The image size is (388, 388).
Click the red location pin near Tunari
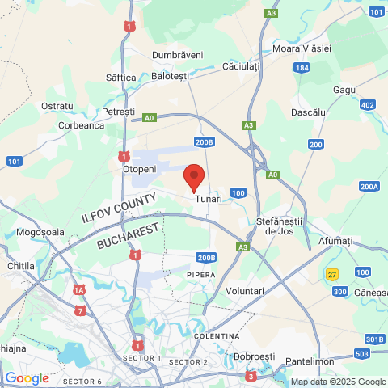coord(194,175)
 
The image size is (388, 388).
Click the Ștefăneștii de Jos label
coord(278,226)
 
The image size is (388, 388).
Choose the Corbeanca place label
coord(82,125)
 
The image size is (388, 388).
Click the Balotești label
coord(170,76)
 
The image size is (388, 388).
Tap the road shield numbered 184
coord(302,68)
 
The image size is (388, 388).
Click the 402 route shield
coord(368,105)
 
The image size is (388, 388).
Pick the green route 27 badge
coord(332,274)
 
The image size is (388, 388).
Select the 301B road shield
coord(374,339)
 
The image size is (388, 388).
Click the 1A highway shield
coord(78,289)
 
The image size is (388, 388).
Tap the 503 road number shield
coord(361,354)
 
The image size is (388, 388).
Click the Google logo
coord(27,377)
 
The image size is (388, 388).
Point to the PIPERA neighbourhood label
coord(202,275)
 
